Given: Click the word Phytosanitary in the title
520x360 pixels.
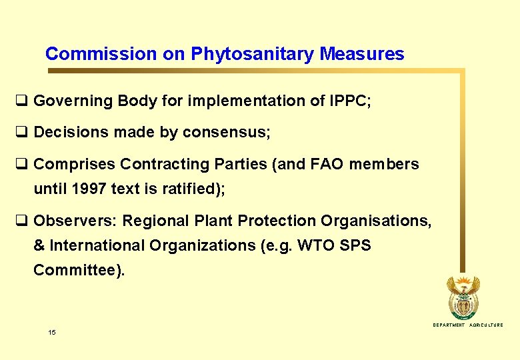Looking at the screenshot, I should coord(253,54).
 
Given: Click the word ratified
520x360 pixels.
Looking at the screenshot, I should coord(188,189).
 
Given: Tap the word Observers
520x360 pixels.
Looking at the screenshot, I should coord(74,221).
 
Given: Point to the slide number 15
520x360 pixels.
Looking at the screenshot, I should coord(52,332).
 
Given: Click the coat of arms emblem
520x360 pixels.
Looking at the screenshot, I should coord(463,297).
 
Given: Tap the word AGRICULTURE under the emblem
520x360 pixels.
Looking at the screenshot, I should coord(486,325).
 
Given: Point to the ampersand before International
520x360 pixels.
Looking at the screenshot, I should coord(39,245).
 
